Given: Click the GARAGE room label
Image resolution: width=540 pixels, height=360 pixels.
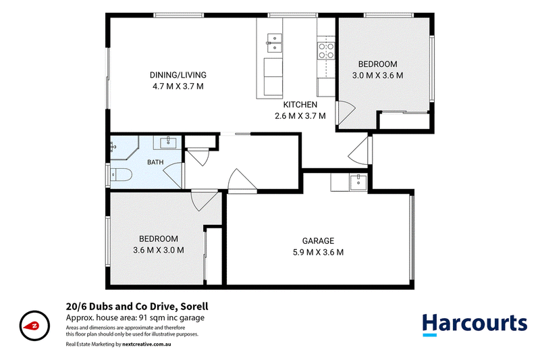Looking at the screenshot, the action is coord(318,241).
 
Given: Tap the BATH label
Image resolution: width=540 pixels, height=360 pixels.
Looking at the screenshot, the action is coord(155,162).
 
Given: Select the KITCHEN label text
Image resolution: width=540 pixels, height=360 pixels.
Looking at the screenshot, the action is coord(300,105).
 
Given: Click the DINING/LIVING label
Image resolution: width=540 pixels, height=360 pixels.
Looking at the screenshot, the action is coord(178,75).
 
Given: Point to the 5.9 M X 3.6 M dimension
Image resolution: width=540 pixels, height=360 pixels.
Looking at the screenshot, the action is coord(318,252).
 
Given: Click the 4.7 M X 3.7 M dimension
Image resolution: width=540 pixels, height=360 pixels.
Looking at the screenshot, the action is coord(178,86).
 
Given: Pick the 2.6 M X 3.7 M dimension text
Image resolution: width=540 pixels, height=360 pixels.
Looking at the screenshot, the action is coord(300,116).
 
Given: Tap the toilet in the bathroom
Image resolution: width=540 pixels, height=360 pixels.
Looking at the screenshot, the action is coord(121,175).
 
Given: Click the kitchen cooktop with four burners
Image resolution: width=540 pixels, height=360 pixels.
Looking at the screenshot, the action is coord(326,51).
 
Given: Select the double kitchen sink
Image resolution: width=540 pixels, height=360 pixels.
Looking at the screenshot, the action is coord(275,43).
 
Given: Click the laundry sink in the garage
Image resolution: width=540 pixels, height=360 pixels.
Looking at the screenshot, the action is coord(358,182).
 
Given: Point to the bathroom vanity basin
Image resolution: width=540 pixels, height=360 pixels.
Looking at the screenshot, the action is coord(168,142).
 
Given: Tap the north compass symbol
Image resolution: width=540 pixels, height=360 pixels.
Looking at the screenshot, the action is coord(34,326).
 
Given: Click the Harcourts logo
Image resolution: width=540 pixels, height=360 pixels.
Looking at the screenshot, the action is coord(475,324).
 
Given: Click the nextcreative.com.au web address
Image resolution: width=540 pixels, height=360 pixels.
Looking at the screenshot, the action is coord(146,344).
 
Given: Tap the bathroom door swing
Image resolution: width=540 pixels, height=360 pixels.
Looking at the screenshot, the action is coord(173,175).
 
